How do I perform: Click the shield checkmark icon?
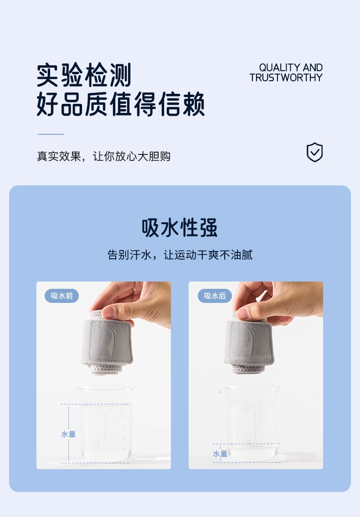(314, 152)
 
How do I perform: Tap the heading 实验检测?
(84, 75)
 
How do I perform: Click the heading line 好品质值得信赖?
(121, 104)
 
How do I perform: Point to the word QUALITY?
(279, 67)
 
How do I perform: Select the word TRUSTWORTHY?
(286, 77)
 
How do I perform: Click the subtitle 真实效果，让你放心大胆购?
(103, 156)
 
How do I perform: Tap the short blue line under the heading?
(51, 134)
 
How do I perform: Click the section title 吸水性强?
(180, 228)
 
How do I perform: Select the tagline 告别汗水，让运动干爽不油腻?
(180, 255)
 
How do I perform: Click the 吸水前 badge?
(62, 296)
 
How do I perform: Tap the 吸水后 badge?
(215, 296)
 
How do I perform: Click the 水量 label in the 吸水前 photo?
(68, 434)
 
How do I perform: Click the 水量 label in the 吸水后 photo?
(220, 454)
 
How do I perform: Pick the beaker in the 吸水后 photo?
(249, 423)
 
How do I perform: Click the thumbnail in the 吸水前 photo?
(108, 312)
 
